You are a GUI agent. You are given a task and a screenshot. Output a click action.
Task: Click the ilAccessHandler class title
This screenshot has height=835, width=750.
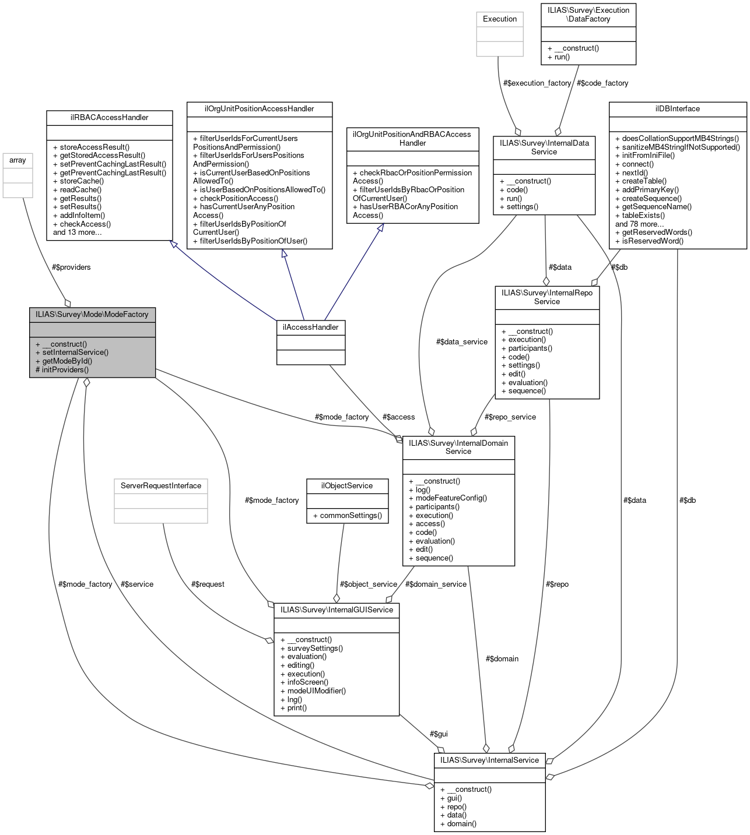[x=310, y=327]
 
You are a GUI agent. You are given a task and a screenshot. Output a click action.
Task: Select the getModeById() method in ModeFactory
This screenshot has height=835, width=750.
[x=67, y=361]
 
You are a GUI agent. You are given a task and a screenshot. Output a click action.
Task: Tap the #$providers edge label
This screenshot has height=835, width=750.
[x=71, y=267]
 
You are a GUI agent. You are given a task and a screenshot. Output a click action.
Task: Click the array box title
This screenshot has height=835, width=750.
[x=17, y=160]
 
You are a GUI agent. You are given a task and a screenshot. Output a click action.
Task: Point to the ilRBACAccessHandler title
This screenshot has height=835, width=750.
[x=109, y=118]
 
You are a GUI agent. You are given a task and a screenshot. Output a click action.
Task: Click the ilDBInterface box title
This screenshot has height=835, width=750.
[x=677, y=109]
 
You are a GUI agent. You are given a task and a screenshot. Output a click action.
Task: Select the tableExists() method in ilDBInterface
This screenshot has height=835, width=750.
[x=640, y=215]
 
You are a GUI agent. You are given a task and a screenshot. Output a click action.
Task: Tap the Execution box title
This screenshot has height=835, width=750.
[x=500, y=19]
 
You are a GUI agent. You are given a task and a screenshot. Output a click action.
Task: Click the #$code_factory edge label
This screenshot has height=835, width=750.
[x=602, y=83]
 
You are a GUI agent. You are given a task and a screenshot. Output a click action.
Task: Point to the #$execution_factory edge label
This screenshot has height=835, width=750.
[x=537, y=83]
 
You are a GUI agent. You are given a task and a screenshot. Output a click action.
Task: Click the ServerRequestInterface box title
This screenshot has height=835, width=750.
[x=160, y=486]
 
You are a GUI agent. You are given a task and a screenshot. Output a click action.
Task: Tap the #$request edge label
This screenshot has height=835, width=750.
[x=208, y=584]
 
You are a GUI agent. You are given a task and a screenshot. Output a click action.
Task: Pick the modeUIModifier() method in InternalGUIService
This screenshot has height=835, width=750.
[x=313, y=690]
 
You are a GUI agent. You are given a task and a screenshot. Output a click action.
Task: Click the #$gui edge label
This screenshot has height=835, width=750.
[x=439, y=734]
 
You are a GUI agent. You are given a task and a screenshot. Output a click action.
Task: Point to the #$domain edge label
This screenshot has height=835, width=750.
[x=502, y=658]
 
